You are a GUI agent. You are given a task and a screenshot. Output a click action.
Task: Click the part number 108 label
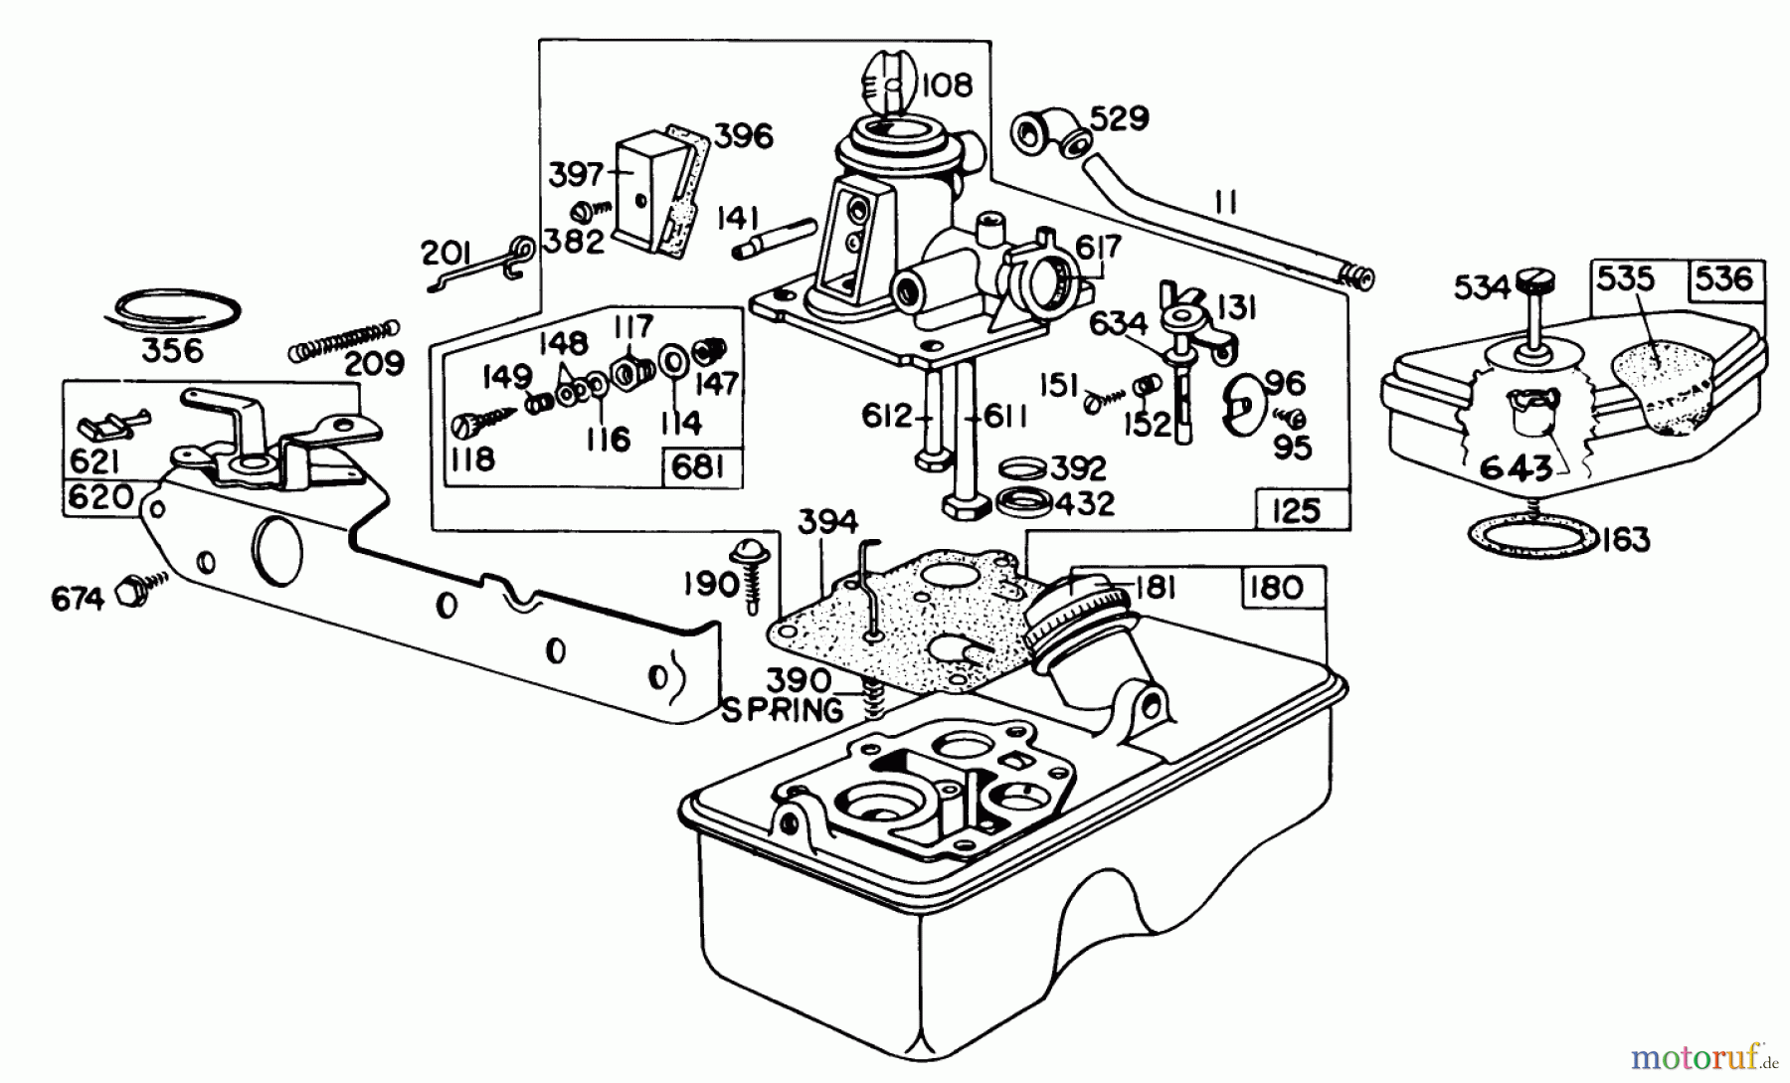[946, 86]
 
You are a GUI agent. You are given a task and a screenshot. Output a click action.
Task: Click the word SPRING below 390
[782, 710]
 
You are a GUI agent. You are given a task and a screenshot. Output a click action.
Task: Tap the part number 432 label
[1085, 503]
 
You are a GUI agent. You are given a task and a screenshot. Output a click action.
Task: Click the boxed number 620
[99, 496]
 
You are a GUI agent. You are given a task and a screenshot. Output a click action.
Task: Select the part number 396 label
[745, 136]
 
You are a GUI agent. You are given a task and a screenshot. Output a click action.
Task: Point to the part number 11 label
[1225, 203]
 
